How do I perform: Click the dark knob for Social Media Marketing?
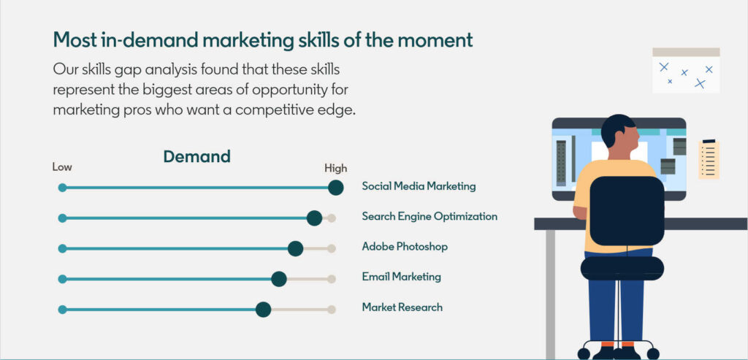click(x=336, y=188)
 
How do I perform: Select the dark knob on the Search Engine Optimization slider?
click(x=314, y=218)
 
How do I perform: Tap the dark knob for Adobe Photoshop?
click(x=296, y=248)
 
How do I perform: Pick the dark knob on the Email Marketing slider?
click(x=278, y=279)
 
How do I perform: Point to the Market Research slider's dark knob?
click(x=263, y=310)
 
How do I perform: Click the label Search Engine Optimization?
click(x=430, y=216)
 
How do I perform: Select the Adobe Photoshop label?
click(x=405, y=247)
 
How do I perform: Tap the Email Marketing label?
click(x=401, y=277)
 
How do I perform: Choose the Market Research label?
click(x=402, y=307)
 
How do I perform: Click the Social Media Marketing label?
click(x=419, y=186)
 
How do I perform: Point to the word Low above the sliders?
click(x=62, y=167)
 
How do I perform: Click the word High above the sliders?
click(x=336, y=169)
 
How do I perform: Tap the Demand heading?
click(x=197, y=156)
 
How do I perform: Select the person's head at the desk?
click(x=619, y=131)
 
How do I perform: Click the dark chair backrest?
click(x=627, y=211)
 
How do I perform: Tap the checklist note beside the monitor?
click(x=709, y=159)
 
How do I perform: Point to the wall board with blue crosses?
click(x=686, y=71)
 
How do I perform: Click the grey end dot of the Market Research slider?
click(x=332, y=310)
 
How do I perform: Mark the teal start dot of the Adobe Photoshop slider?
click(x=63, y=248)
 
